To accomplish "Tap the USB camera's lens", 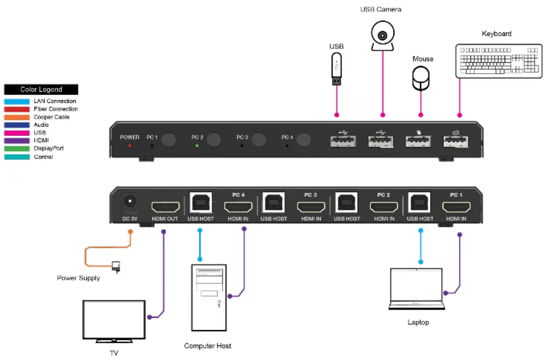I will (x=383, y=36).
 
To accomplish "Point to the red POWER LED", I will (x=130, y=145).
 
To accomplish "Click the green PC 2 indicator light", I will (x=197, y=145).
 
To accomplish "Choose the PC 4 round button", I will (x=303, y=140).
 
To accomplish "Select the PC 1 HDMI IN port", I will (x=456, y=206).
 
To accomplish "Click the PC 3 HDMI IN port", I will (x=311, y=206).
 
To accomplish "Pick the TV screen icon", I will (x=114, y=321).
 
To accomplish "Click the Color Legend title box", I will (x=41, y=89).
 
